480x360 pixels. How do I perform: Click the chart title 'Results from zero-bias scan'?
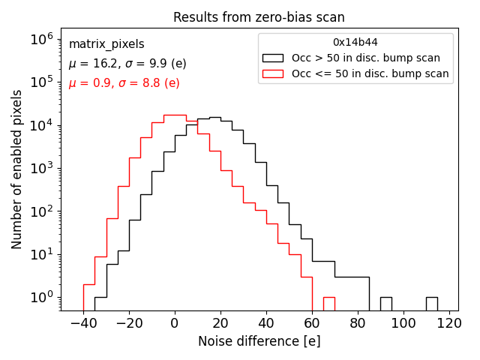point(259,17)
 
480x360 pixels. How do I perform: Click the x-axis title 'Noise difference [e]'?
point(259,341)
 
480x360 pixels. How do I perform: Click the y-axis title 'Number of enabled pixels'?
point(17,169)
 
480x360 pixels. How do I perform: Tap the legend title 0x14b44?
point(355,42)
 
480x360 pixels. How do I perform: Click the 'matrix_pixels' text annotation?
point(106,44)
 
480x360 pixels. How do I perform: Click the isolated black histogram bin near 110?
point(432,303)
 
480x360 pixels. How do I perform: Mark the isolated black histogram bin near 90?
point(386,303)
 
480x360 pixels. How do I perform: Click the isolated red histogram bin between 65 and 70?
point(328,303)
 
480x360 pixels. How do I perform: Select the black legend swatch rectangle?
point(273,58)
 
